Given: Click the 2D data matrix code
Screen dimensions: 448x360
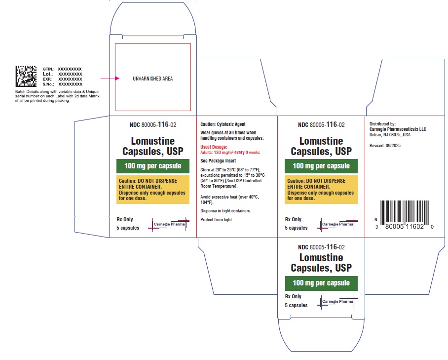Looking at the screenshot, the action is click(26, 76).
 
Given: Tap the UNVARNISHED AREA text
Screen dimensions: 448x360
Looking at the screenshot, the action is click(152, 79).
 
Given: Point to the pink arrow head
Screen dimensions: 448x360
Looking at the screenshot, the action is click(117, 78).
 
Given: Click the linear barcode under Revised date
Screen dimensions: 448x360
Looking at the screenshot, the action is click(404, 213).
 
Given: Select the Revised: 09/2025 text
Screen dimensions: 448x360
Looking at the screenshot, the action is click(385, 146).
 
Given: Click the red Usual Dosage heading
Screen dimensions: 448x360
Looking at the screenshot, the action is click(214, 147).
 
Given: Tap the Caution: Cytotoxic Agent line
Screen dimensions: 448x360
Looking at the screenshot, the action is click(223, 124).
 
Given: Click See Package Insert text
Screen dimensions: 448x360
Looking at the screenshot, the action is click(218, 160).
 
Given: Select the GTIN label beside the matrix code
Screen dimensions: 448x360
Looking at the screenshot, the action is click(48, 69).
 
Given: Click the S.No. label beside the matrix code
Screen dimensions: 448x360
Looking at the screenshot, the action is click(48, 84).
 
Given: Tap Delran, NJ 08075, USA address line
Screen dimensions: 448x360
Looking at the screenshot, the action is click(390, 135).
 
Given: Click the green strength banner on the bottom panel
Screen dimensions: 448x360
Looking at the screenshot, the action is click(321, 283).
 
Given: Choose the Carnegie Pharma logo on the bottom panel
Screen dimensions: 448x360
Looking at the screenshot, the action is click(337, 302).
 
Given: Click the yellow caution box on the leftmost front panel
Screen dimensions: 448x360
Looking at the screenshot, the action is click(153, 189).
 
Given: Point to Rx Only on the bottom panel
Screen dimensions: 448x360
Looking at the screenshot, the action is click(293, 296).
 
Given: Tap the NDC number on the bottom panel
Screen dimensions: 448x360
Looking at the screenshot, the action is click(321, 247).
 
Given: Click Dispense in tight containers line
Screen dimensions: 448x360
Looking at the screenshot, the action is click(225, 211).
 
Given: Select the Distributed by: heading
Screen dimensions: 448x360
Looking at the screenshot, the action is click(382, 124).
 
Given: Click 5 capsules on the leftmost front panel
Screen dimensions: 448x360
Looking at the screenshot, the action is click(128, 228).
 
